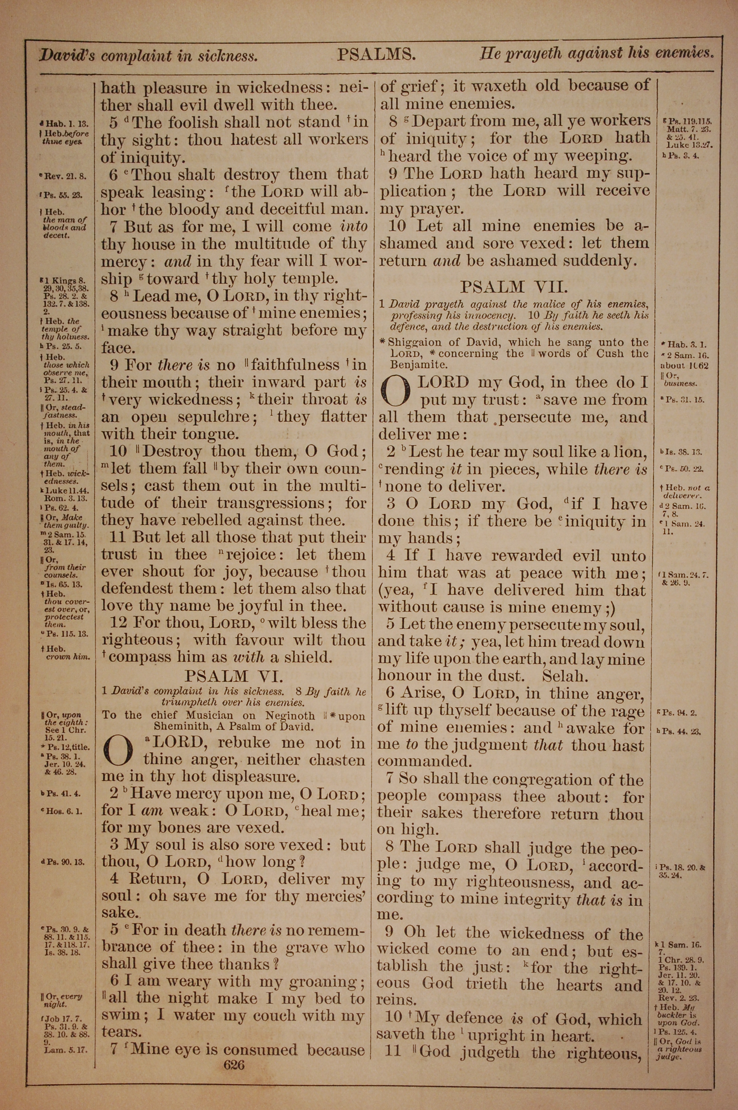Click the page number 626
(234, 1064)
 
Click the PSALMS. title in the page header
(376, 55)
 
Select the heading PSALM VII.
(514, 287)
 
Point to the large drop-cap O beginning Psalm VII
(396, 392)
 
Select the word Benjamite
(417, 365)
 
